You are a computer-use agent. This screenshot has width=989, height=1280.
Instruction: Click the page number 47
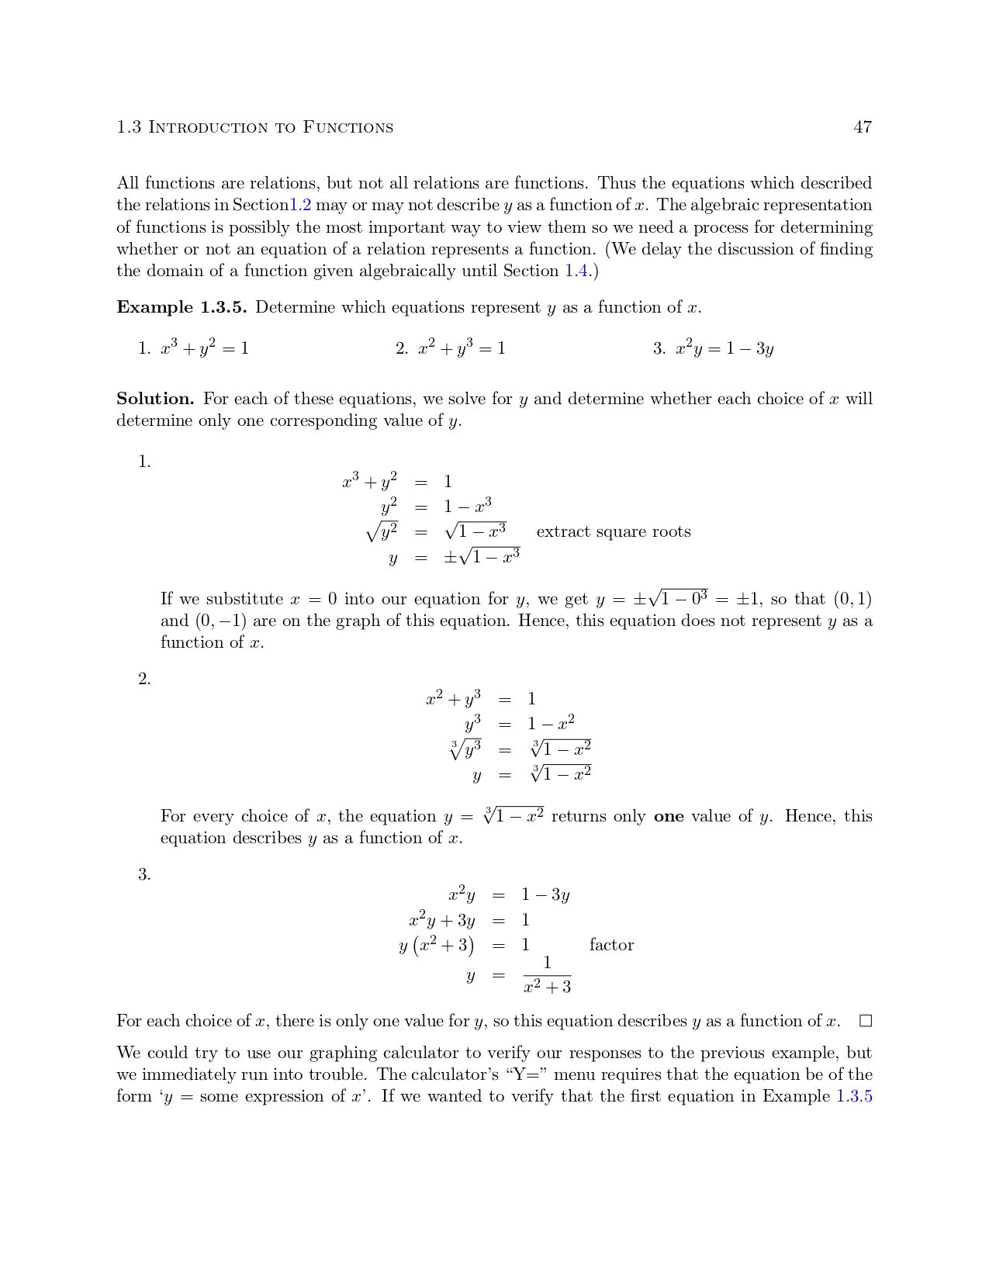863,127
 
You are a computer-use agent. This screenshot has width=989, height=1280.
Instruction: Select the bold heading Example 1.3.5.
182,307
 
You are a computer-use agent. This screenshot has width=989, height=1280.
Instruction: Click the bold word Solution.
155,399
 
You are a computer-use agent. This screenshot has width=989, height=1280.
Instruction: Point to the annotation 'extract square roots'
613,531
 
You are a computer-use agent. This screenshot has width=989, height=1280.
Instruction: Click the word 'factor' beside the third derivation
611,945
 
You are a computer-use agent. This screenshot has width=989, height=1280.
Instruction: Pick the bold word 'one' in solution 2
669,816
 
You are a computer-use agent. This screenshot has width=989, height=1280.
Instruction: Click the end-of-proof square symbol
866,1021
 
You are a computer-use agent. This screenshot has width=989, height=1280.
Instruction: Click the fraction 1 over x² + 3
547,975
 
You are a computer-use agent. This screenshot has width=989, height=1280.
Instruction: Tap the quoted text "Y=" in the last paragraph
527,1074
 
